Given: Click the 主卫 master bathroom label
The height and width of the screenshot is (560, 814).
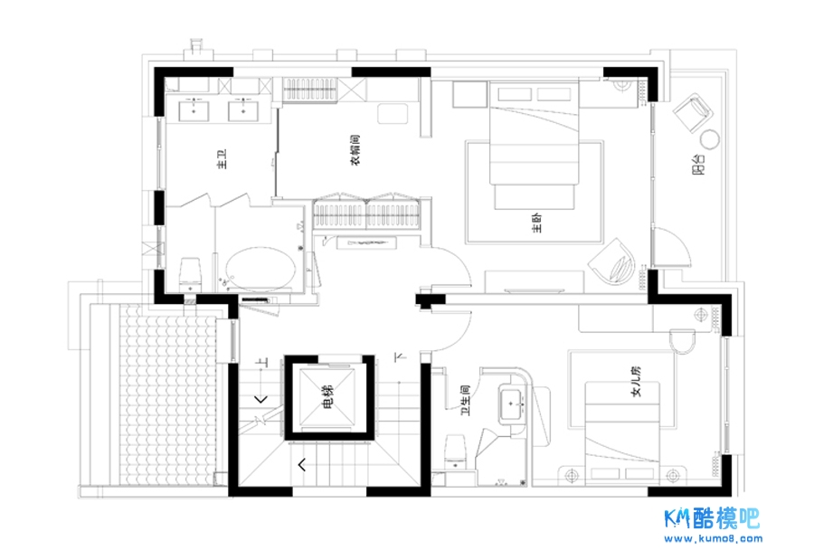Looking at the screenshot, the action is coord(222,159).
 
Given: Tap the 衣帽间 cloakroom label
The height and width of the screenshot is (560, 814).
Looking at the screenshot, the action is coord(355,150).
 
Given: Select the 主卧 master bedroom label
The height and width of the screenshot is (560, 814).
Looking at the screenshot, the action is coord(536,223).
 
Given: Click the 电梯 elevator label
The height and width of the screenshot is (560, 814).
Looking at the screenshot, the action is coord(328,396).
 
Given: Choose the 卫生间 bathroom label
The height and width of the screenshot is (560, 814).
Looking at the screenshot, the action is coord(465,400).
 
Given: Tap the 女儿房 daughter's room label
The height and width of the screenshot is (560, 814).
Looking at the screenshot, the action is coord(637,381).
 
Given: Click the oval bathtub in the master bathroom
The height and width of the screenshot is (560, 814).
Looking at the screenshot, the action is coord(260,269).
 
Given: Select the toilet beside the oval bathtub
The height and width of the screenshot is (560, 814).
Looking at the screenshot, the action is coord(190,275).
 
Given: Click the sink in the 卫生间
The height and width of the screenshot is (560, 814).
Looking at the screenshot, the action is coord(513,403).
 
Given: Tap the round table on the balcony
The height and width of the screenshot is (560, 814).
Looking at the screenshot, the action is coord(710,139).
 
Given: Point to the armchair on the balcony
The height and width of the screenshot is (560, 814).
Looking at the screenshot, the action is coord(693,113).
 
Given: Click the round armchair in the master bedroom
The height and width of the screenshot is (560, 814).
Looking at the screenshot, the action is coord(613,262).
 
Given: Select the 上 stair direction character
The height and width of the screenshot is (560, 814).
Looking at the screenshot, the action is coord(263,362).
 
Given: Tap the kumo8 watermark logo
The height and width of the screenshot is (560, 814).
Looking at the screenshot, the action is coord(714,526).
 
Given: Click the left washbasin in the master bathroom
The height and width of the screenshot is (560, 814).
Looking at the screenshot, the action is coord(194,110).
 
